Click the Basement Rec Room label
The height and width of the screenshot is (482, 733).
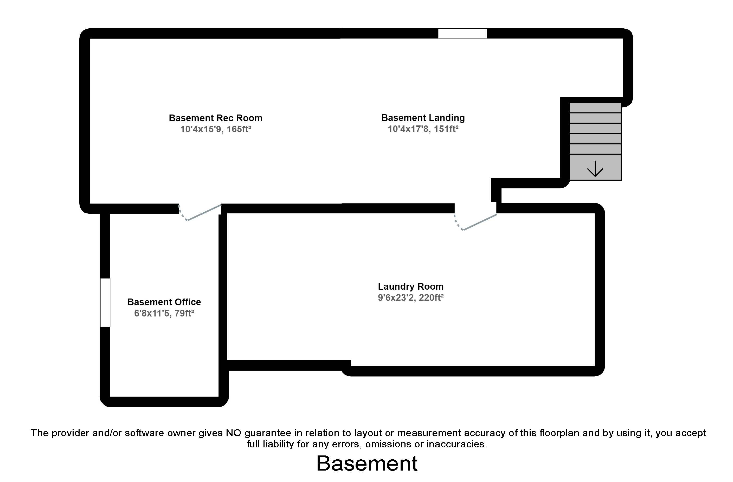(x=215, y=118)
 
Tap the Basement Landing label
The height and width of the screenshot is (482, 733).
(x=423, y=118)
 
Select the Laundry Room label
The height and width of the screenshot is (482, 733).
(x=410, y=287)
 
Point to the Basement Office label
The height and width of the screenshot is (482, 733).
(x=164, y=302)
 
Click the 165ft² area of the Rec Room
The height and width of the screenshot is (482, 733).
(x=239, y=129)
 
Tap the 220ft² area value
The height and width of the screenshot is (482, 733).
(x=431, y=298)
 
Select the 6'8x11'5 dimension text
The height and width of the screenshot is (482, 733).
(x=152, y=313)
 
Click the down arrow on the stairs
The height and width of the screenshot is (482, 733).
(x=595, y=168)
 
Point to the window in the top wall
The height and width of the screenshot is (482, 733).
(x=462, y=34)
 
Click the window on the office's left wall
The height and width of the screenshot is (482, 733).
(x=105, y=302)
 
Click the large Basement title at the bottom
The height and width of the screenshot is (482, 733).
(x=367, y=464)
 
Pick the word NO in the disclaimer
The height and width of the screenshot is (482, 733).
(x=233, y=433)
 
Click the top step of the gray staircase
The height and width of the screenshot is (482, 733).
(x=595, y=108)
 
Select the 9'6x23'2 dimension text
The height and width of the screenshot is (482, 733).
(x=397, y=298)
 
